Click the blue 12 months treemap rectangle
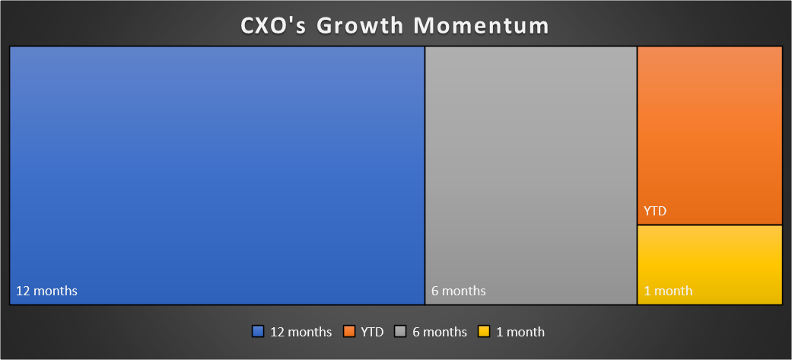pyautogui.click(x=217, y=176)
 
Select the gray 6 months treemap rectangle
pyautogui.click(x=531, y=176)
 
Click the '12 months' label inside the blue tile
pyautogui.click(x=46, y=292)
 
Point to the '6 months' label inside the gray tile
pyautogui.click(x=459, y=292)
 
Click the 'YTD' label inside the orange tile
pyautogui.click(x=655, y=211)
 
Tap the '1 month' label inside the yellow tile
pyautogui.click(x=668, y=292)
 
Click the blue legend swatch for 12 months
pyautogui.click(x=258, y=332)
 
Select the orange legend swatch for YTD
pyautogui.click(x=349, y=332)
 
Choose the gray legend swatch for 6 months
pyautogui.click(x=400, y=332)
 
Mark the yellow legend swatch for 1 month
pyautogui.click(x=485, y=332)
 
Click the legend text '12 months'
pyautogui.click(x=301, y=332)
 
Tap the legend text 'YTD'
pyautogui.click(x=372, y=332)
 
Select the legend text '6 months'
pyautogui.click(x=440, y=332)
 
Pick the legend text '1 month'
pyautogui.click(x=520, y=332)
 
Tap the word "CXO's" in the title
pyautogui.click(x=272, y=26)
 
